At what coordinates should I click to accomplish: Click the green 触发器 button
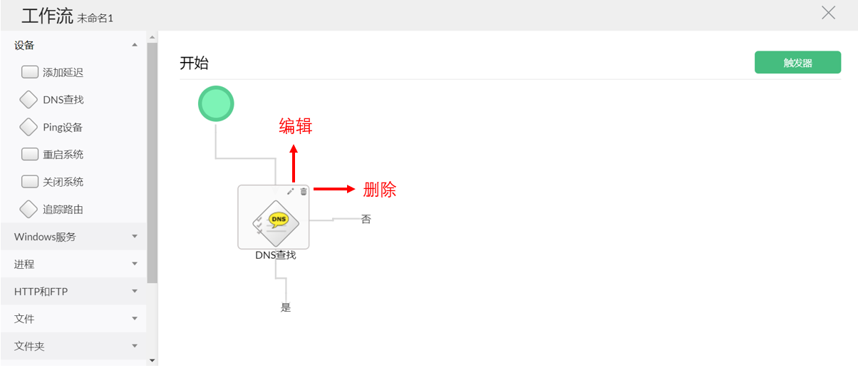[x=797, y=63]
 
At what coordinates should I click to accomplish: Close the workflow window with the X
[x=828, y=13]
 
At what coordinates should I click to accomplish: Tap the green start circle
[x=216, y=104]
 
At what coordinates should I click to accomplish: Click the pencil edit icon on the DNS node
[x=290, y=191]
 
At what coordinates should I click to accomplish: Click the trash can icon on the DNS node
[x=304, y=191]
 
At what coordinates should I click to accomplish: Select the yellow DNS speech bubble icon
[x=279, y=220]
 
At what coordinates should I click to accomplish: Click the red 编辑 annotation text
[x=295, y=127]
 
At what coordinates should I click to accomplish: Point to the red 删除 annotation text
[x=379, y=190]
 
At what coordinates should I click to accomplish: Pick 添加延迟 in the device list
[x=63, y=72]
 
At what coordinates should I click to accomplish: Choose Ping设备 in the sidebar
[x=63, y=128]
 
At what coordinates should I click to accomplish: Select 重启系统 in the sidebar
[x=63, y=155]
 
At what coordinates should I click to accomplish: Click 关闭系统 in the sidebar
[x=63, y=182]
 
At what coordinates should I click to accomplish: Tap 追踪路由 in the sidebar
[x=63, y=210]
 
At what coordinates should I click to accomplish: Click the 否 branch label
[x=366, y=220]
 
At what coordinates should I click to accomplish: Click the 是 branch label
[x=286, y=308]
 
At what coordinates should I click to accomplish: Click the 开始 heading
[x=194, y=63]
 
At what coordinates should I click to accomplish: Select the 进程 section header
[x=24, y=264]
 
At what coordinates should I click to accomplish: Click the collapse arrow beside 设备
[x=135, y=45]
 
